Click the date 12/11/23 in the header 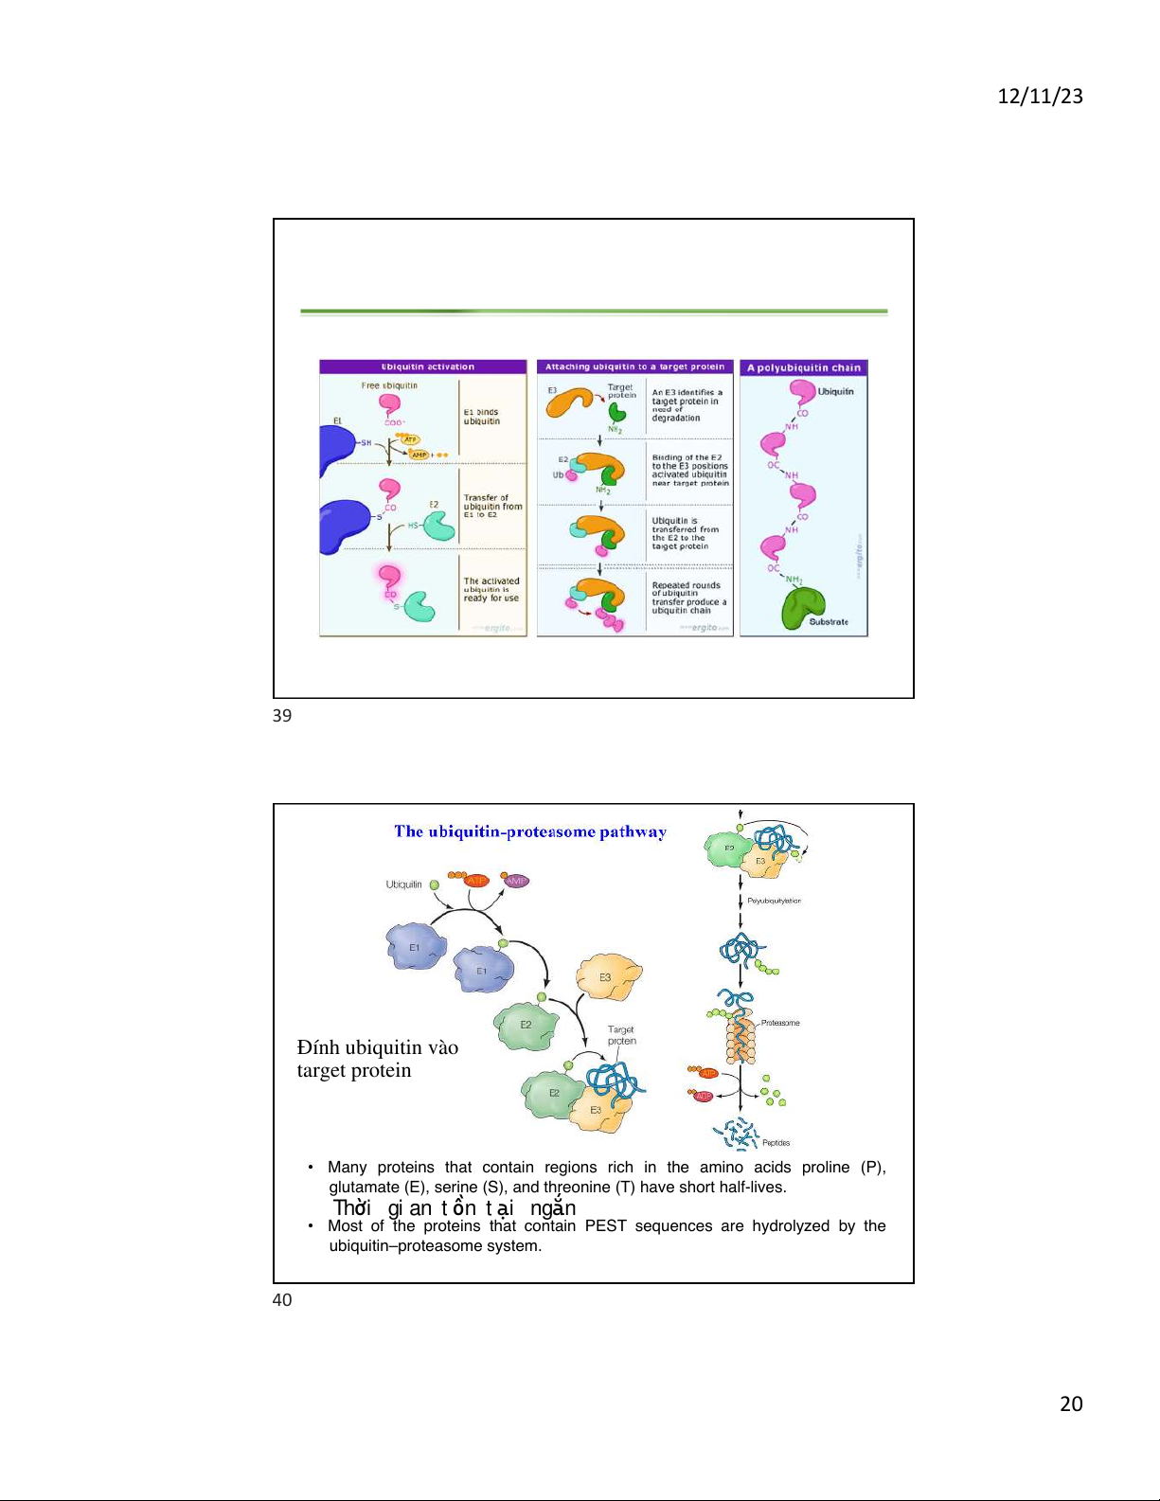(1040, 96)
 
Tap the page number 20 (1071, 1403)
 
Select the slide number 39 (282, 716)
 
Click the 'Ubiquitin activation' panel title (427, 367)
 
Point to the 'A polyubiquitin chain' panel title (804, 368)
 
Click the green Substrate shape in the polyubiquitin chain (803, 606)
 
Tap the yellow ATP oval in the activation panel (410, 439)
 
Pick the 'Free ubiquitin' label (389, 385)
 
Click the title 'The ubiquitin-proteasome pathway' (530, 831)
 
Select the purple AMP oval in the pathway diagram (516, 881)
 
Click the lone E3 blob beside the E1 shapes (609, 977)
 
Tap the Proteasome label (780, 1023)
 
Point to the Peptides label (776, 1143)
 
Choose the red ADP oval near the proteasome (703, 1096)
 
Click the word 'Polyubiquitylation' (774, 901)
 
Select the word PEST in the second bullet (605, 1225)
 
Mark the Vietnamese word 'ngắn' (553, 1207)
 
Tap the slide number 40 (282, 1300)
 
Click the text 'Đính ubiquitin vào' (377, 1047)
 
